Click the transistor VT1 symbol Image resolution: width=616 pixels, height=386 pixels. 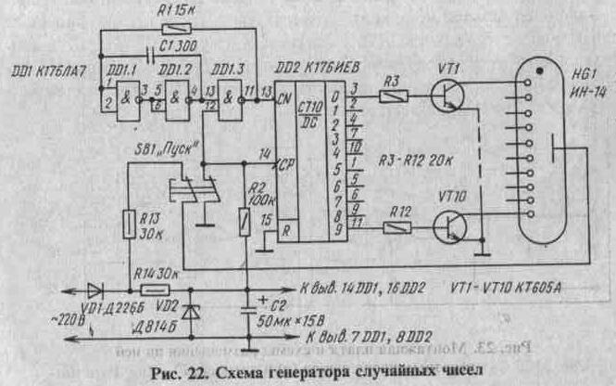click(x=447, y=96)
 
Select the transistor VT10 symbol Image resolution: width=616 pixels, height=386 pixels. click(x=447, y=225)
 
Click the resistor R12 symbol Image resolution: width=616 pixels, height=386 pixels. click(x=396, y=225)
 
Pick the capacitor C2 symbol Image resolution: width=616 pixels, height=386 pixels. click(x=247, y=306)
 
